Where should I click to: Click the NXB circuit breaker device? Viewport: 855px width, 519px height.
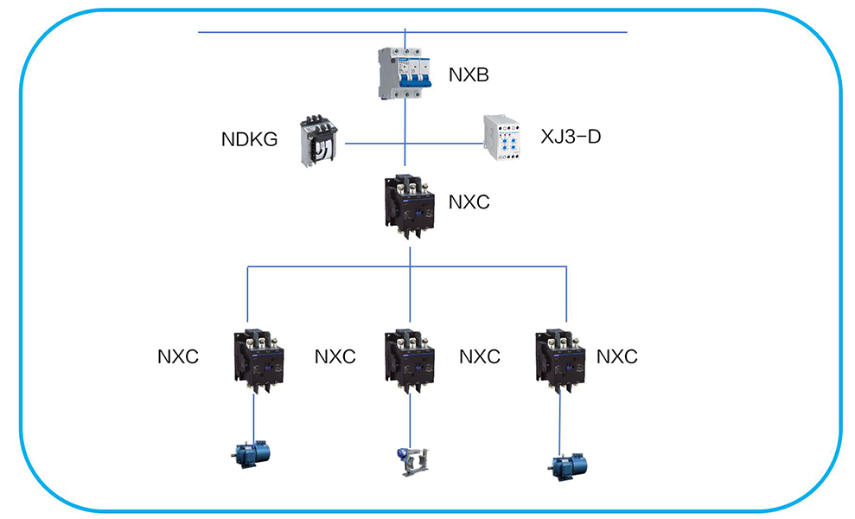[405, 73]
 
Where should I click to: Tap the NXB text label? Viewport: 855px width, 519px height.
[469, 75]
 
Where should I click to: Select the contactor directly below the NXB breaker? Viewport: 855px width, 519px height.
[409, 206]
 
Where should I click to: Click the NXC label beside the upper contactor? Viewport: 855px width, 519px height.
[469, 202]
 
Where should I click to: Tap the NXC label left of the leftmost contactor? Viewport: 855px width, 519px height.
[178, 356]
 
